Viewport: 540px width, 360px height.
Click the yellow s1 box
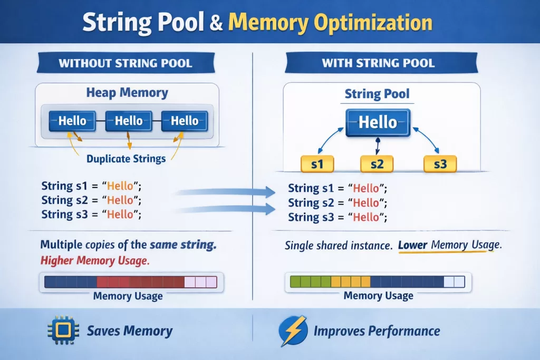pyautogui.click(x=316, y=164)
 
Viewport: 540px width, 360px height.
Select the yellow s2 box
pyautogui.click(x=377, y=164)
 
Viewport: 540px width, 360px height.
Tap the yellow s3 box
pyautogui.click(x=440, y=164)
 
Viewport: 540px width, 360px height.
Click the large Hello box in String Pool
pyautogui.click(x=378, y=123)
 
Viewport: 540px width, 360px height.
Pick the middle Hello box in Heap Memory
pyautogui.click(x=129, y=121)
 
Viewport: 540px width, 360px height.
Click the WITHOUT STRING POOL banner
pyautogui.click(x=125, y=64)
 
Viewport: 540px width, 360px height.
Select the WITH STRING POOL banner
pyautogui.click(x=378, y=64)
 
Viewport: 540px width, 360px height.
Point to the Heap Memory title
pyautogui.click(x=127, y=93)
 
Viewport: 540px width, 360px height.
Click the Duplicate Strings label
pyautogui.click(x=126, y=158)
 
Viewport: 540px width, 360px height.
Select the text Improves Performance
pyautogui.click(x=377, y=331)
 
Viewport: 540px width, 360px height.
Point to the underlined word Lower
pyautogui.click(x=412, y=245)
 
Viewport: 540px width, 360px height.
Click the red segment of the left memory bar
pyautogui.click(x=139, y=281)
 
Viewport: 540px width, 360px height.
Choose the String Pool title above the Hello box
pyautogui.click(x=377, y=94)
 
